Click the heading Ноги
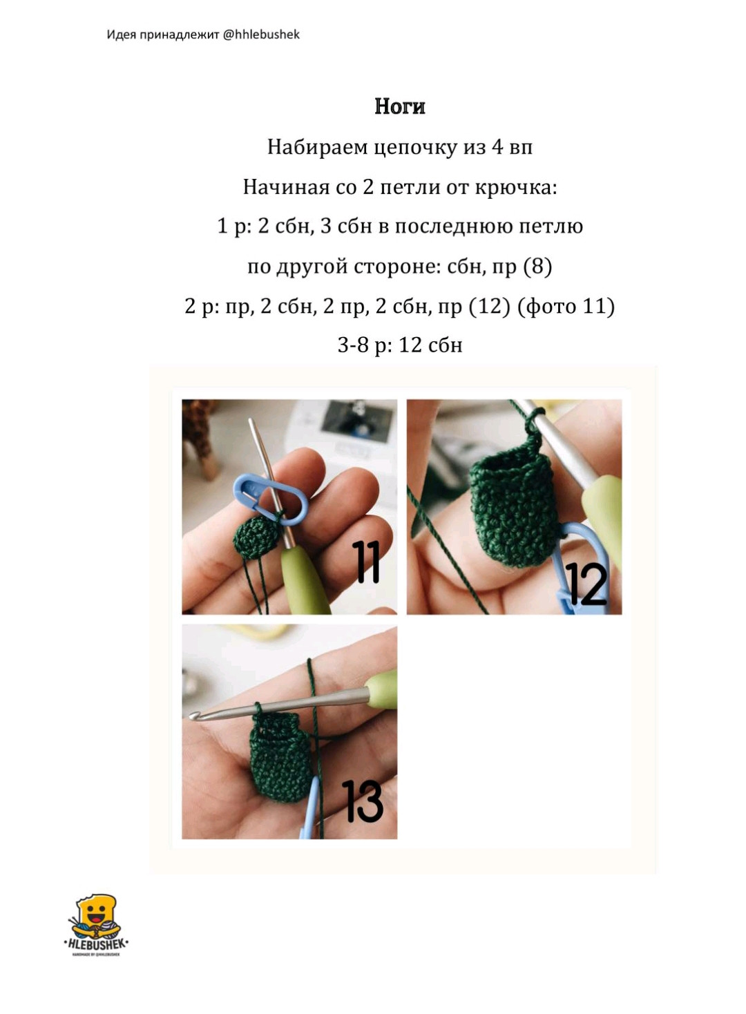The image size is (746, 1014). click(x=400, y=106)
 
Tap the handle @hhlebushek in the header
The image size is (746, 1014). click(x=261, y=35)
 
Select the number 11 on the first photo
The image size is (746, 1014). click(x=366, y=562)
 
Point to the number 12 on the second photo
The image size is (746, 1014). click(x=586, y=584)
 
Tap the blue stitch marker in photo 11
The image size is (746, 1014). click(x=271, y=499)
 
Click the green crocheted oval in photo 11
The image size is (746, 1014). click(x=254, y=537)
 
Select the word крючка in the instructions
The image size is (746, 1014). click(x=513, y=187)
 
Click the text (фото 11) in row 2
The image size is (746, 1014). click(x=566, y=307)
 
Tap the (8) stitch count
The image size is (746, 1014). click(x=538, y=267)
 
